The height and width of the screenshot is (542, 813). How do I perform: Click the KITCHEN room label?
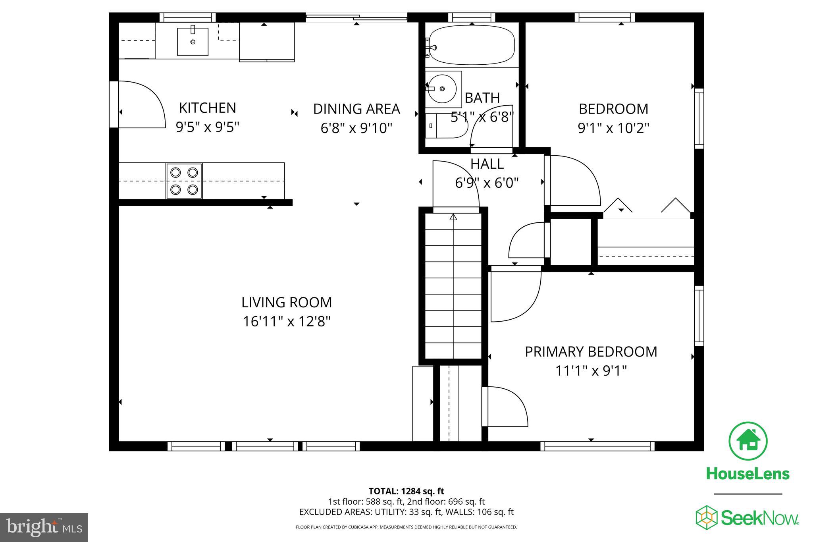[x=207, y=108]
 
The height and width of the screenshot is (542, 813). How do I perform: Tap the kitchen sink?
[x=193, y=41]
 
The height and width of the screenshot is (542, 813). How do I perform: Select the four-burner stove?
[x=184, y=181]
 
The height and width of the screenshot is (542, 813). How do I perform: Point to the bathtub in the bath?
[x=472, y=45]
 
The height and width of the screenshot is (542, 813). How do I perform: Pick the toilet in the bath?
[x=446, y=126]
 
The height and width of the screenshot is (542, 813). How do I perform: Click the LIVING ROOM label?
[x=287, y=303]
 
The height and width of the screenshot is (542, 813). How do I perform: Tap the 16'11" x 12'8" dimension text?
[x=287, y=321]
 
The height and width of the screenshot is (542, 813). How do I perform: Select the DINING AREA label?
[x=356, y=109]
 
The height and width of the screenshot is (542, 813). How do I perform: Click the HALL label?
[x=487, y=164]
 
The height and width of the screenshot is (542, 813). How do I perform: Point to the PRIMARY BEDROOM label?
[x=591, y=352]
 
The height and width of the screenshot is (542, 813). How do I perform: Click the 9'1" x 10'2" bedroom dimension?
[x=613, y=128]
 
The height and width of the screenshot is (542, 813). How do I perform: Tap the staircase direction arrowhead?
[x=453, y=217]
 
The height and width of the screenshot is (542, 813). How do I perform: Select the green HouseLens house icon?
[x=748, y=441]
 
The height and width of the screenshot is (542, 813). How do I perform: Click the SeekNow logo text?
[x=759, y=518]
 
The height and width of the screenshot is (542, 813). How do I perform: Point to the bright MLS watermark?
[x=44, y=527]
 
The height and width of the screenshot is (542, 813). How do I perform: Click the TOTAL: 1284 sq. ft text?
[x=406, y=491]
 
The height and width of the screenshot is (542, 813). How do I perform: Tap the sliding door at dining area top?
[x=356, y=17]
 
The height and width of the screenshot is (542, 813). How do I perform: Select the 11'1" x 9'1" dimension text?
[x=591, y=371]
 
